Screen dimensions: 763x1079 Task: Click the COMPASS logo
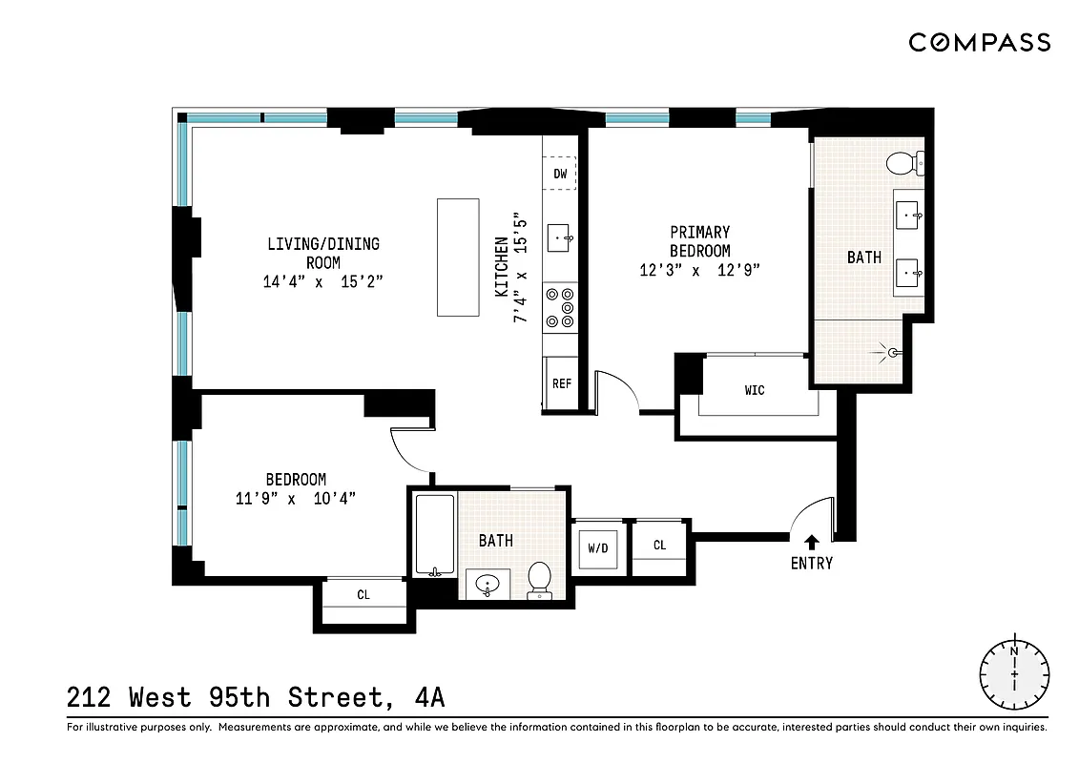979,42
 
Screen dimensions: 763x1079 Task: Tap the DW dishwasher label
560,174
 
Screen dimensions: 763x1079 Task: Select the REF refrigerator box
561,383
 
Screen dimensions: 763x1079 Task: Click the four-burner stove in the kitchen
560,308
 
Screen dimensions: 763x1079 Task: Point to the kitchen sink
560,237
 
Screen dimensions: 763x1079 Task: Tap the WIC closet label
755,390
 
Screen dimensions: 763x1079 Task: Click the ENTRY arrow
811,541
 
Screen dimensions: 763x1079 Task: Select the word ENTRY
811,564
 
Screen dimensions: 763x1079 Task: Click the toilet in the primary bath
903,165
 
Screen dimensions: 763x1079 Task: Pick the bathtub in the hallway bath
435,536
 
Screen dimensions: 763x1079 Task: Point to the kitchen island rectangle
458,257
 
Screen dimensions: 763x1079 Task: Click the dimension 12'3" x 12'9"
699,270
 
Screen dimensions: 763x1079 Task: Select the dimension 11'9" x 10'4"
296,498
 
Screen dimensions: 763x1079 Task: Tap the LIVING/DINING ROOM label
322,253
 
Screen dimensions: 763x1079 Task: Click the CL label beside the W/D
659,546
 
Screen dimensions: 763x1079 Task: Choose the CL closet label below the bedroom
363,595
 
